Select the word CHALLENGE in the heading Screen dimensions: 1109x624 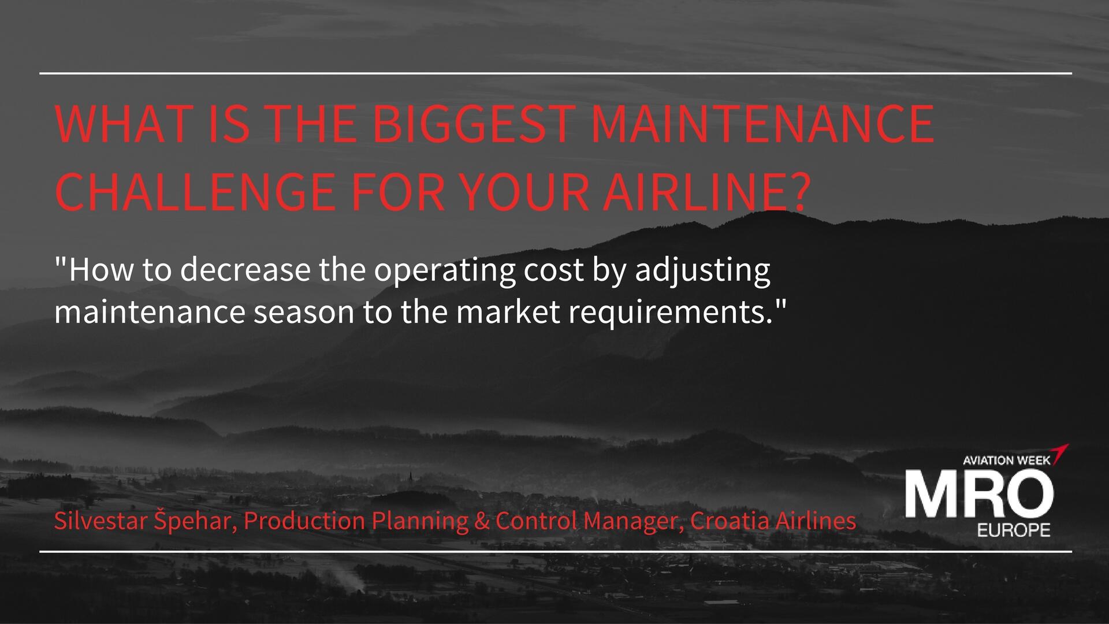pyautogui.click(x=195, y=191)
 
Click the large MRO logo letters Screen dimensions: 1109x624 pyautogui.click(x=979, y=493)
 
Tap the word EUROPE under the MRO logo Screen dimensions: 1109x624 pyautogui.click(x=1013, y=530)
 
